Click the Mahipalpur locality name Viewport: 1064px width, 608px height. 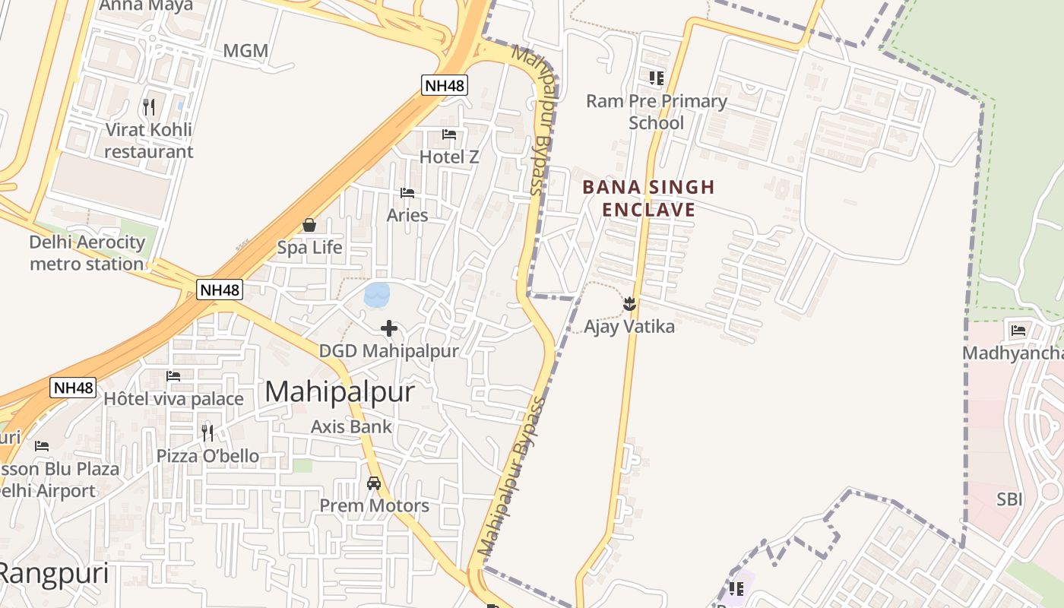click(x=340, y=392)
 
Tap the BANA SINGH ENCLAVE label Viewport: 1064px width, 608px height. click(x=649, y=198)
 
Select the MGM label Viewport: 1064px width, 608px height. click(x=245, y=52)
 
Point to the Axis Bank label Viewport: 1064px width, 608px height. click(x=351, y=426)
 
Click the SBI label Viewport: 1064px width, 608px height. click(x=1009, y=499)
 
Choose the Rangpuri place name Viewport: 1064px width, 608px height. click(x=53, y=574)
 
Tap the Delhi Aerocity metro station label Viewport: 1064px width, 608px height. click(x=87, y=253)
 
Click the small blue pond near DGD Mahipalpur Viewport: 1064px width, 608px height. click(x=377, y=294)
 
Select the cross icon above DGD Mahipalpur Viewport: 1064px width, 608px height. click(x=389, y=328)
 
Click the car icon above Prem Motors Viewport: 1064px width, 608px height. click(x=374, y=483)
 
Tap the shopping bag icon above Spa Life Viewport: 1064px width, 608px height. click(x=309, y=225)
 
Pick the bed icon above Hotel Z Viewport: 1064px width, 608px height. click(x=449, y=135)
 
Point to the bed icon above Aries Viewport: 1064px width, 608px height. click(x=407, y=193)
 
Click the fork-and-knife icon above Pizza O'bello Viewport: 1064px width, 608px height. click(x=207, y=433)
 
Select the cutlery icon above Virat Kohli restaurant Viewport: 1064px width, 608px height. click(x=149, y=107)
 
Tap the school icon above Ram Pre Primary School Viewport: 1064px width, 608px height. click(x=657, y=78)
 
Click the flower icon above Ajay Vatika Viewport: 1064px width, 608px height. click(x=629, y=304)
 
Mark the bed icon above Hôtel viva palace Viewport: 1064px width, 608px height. click(x=173, y=375)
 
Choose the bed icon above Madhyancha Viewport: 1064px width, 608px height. click(x=1018, y=330)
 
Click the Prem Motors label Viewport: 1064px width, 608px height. click(x=374, y=505)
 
